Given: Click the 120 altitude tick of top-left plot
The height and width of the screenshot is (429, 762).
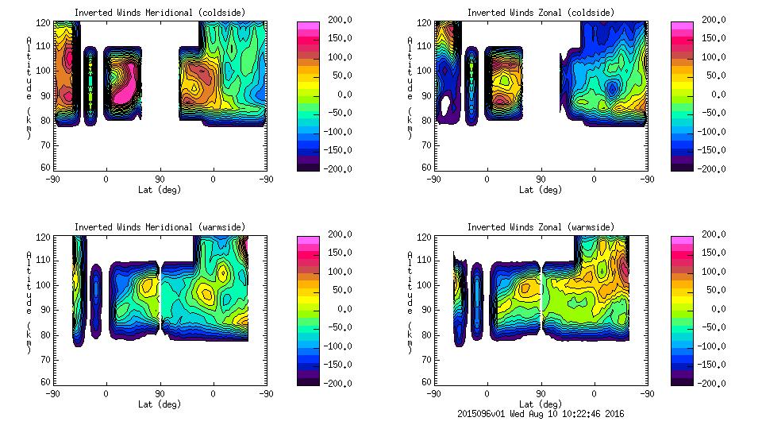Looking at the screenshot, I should click(46, 23).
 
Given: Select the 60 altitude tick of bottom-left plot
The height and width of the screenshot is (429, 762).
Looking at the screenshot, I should click(46, 382).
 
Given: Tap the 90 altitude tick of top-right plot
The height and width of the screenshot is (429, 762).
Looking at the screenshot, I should click(427, 95).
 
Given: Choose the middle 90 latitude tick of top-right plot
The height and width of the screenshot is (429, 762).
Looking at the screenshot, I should click(541, 180).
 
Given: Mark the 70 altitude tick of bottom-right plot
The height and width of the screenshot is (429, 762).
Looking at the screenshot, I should click(427, 359).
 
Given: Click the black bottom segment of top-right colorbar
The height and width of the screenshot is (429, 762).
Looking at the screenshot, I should click(683, 164).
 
